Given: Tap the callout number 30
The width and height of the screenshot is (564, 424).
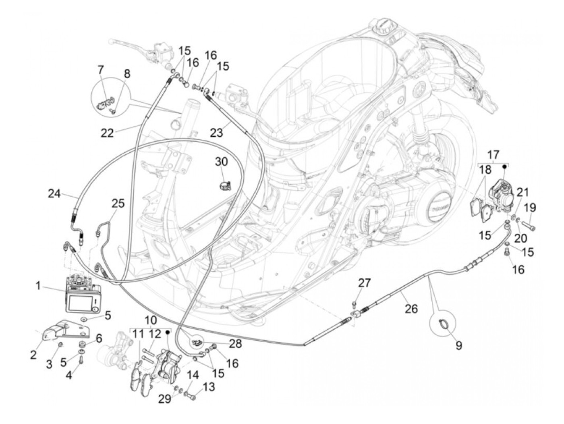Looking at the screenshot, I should pyautogui.click(x=221, y=162).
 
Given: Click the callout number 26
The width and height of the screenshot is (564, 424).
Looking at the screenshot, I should pyautogui.click(x=411, y=309).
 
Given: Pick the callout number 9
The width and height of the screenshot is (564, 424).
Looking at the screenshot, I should pyautogui.click(x=459, y=345).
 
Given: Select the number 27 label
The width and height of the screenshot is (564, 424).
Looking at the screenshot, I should pyautogui.click(x=364, y=283).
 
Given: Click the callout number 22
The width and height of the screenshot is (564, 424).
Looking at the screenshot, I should pyautogui.click(x=107, y=133).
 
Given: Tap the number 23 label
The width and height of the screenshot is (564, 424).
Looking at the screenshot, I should pyautogui.click(x=216, y=133).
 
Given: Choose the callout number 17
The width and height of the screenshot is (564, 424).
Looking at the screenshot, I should pyautogui.click(x=493, y=155).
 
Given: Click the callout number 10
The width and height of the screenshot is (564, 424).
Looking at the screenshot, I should pyautogui.click(x=150, y=321).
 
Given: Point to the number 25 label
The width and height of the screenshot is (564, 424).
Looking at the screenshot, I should pyautogui.click(x=118, y=204).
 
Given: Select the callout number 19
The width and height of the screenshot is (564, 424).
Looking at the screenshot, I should pyautogui.click(x=530, y=208).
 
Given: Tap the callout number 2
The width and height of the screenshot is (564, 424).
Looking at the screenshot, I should pyautogui.click(x=33, y=355).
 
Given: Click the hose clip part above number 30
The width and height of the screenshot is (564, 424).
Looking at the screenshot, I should pyautogui.click(x=224, y=185).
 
